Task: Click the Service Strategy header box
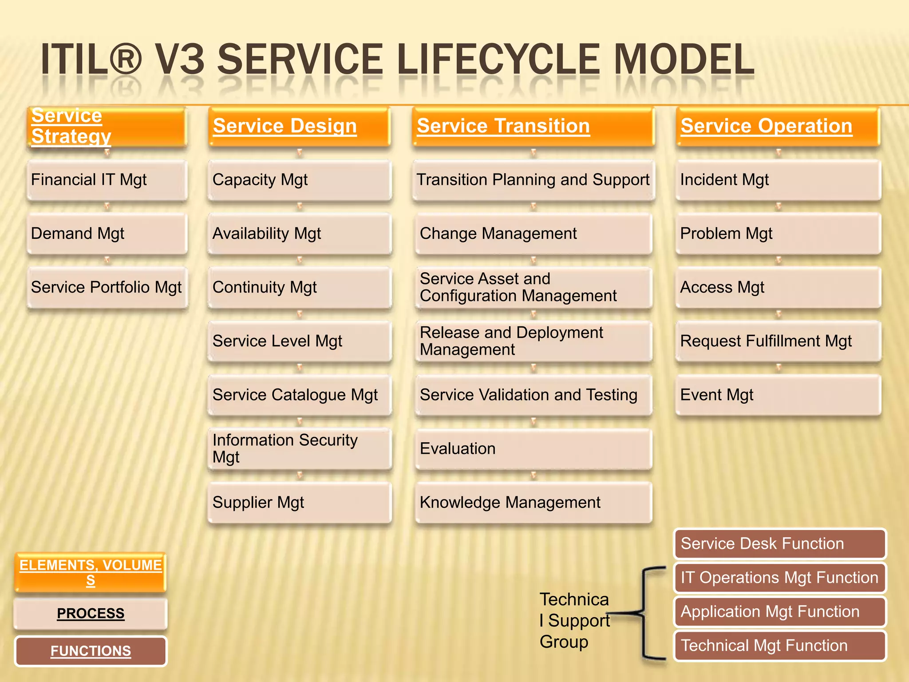click(x=107, y=127)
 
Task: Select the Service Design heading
click(x=299, y=127)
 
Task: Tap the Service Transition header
click(x=533, y=127)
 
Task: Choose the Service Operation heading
click(x=778, y=127)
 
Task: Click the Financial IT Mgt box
click(x=107, y=180)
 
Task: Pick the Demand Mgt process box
click(x=107, y=234)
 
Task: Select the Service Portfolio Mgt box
click(x=107, y=288)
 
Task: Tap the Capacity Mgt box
click(x=299, y=180)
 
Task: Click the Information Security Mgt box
click(x=299, y=449)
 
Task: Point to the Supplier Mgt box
click(x=299, y=503)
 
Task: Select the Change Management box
click(x=533, y=234)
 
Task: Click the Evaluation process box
click(x=533, y=449)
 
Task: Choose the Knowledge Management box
click(x=533, y=503)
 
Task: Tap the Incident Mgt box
click(x=778, y=180)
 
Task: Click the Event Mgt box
click(x=778, y=395)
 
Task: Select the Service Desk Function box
click(x=779, y=544)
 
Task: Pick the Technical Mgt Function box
click(x=779, y=646)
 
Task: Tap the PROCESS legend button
click(x=91, y=614)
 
